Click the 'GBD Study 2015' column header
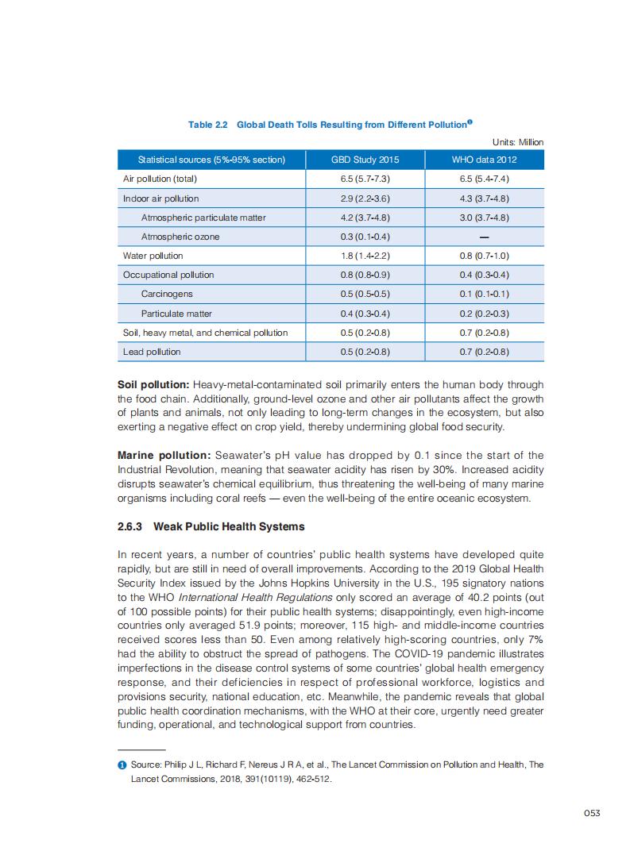(365, 160)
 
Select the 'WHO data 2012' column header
(483, 160)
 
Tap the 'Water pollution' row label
(153, 256)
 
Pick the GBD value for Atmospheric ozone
(365, 237)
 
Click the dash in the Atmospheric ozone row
(483, 237)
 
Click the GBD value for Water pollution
(365, 256)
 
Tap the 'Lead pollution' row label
(152, 352)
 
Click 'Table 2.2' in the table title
(208, 125)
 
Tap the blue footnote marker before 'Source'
(122, 764)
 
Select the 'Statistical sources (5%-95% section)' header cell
(211, 160)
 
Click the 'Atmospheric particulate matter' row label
(203, 218)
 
